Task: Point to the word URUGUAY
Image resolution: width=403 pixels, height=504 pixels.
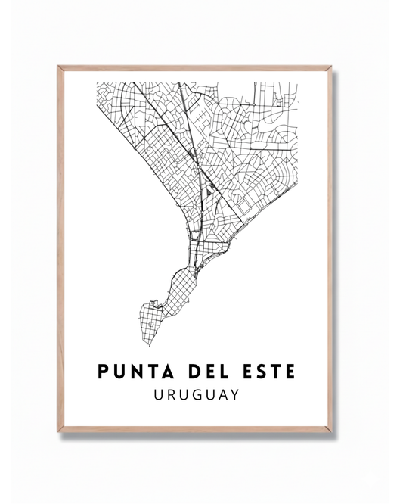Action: click(x=195, y=394)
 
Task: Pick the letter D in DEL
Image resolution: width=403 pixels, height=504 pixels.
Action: click(x=186, y=372)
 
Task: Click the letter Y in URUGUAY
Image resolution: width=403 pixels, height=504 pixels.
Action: click(x=234, y=394)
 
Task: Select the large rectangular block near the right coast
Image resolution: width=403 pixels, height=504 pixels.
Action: click(x=243, y=203)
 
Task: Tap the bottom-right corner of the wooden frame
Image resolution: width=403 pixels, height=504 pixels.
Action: click(x=331, y=431)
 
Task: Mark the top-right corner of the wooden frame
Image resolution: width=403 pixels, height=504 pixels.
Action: click(x=331, y=67)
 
